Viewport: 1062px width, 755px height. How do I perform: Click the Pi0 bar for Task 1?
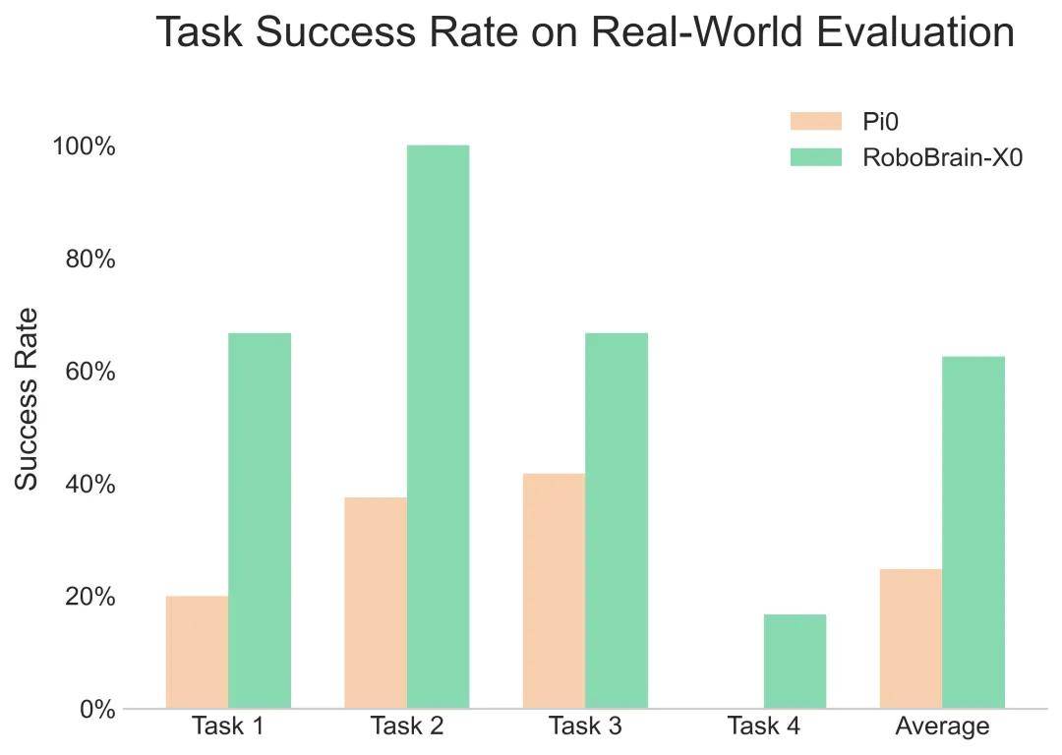(197, 652)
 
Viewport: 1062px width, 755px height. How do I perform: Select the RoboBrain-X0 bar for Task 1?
(260, 521)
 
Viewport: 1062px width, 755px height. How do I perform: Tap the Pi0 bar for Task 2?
(376, 603)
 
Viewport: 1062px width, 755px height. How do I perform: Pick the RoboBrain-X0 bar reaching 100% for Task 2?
(439, 427)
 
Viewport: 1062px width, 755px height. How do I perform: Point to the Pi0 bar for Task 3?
(554, 591)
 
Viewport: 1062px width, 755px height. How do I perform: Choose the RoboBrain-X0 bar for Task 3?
(617, 521)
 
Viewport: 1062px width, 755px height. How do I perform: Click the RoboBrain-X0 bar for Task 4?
(795, 662)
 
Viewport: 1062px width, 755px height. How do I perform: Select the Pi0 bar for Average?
(911, 639)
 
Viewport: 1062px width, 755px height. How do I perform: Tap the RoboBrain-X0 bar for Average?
(973, 532)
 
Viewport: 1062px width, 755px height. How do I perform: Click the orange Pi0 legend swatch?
(816, 121)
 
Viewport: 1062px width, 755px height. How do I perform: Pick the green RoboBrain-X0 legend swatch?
(816, 157)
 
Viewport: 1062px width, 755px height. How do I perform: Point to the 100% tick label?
(84, 146)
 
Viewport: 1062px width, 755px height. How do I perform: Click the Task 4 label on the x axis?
(763, 726)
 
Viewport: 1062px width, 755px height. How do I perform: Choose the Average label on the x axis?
(942, 726)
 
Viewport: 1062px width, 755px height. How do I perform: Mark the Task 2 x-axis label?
(407, 726)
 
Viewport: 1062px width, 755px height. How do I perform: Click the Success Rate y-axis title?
(28, 398)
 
